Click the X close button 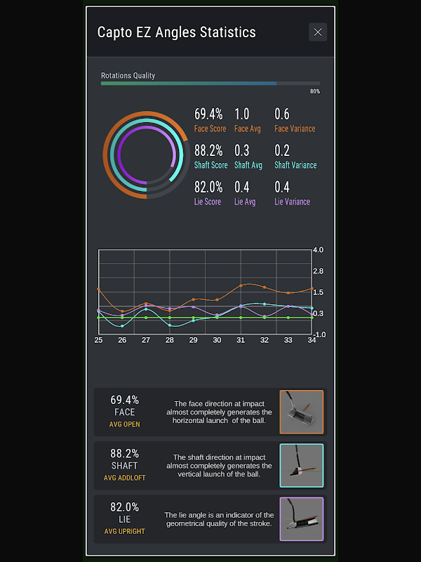tap(318, 32)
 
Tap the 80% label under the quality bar tap(315, 91)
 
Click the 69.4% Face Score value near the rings tap(208, 114)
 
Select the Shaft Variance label tap(295, 165)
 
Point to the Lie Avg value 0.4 tap(242, 187)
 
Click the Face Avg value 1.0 tap(242, 114)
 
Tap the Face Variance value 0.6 tap(282, 114)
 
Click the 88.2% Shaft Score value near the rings tap(208, 150)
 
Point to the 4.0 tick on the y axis tap(318, 250)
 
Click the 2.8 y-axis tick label tap(318, 271)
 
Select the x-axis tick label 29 tap(193, 340)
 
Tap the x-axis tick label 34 tap(312, 340)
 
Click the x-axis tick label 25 tap(99, 340)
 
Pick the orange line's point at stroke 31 tap(241, 285)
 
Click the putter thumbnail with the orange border tap(302, 412)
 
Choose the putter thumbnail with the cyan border tap(302, 466)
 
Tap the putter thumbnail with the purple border tap(302, 519)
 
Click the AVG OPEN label tap(124, 424)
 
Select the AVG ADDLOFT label tap(124, 478)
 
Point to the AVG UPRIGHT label tap(124, 531)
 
